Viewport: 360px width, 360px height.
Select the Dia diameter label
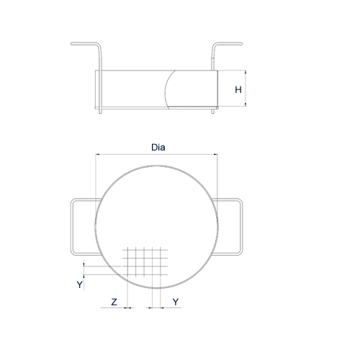point(158,147)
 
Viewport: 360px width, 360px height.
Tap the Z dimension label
point(114,302)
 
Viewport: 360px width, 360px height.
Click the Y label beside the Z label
point(176,302)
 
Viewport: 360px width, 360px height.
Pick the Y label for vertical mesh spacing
point(80,285)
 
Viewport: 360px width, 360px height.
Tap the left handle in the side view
point(86,47)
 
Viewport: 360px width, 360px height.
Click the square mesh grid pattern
point(146,261)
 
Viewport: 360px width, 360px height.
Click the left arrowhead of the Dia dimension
point(98,154)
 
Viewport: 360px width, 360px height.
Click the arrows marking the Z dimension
point(127,307)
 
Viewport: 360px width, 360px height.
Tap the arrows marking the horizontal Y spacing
point(156,307)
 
